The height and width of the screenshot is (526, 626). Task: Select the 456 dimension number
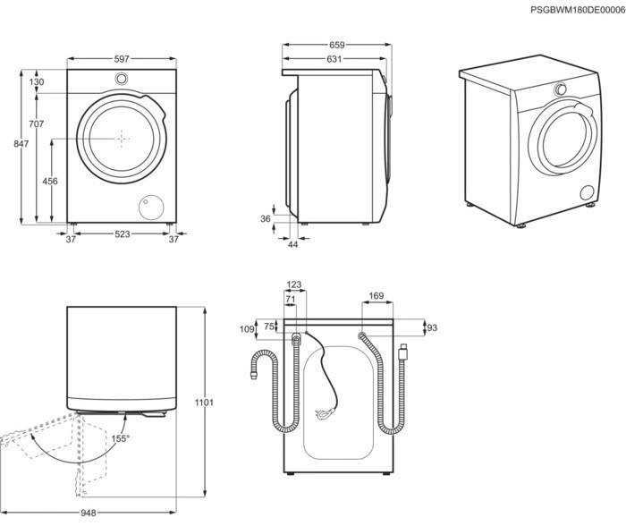coord(50,182)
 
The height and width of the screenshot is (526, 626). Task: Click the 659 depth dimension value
coord(336,44)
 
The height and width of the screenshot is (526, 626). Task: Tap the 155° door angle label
coord(120,438)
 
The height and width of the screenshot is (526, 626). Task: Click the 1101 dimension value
coord(205,403)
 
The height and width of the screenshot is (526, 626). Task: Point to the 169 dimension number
coord(376,296)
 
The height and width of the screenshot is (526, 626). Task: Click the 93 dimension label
coord(433,328)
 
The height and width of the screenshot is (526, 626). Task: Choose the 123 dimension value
coord(294,285)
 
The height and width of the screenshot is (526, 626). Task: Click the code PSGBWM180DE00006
coord(578,9)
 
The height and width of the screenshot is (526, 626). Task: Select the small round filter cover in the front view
coord(147,208)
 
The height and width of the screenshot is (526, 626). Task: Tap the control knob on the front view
coord(121,79)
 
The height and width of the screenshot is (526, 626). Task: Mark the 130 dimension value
coord(37,82)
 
